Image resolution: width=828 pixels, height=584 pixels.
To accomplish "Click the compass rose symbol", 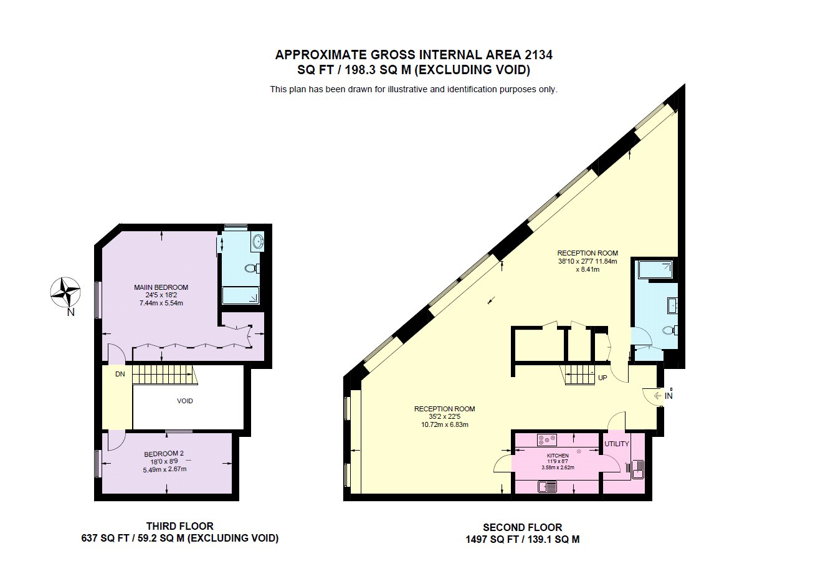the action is (x=65, y=292).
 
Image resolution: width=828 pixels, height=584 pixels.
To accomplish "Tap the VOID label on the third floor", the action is (x=185, y=401).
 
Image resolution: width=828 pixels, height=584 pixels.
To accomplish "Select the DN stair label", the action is (x=120, y=375).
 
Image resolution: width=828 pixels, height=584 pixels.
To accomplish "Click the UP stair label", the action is (x=602, y=378).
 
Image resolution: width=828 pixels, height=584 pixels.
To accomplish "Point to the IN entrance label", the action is (x=669, y=396).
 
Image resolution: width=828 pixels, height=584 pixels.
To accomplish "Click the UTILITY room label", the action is (x=617, y=444).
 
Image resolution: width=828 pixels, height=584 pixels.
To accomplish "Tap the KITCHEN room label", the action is (x=558, y=456).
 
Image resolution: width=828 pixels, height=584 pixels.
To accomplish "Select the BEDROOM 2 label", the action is (x=164, y=454).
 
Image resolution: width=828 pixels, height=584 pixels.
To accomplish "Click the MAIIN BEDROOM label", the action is (x=161, y=287).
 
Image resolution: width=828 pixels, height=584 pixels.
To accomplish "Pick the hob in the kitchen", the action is (x=547, y=440).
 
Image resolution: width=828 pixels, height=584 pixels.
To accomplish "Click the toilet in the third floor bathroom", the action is (x=252, y=268).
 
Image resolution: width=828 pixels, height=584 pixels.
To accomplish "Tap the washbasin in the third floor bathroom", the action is (x=259, y=241).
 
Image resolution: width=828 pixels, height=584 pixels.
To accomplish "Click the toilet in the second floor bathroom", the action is (x=670, y=330).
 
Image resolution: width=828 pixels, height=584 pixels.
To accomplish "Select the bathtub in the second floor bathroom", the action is (x=655, y=270).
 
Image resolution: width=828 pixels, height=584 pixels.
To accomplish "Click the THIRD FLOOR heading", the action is (x=180, y=526).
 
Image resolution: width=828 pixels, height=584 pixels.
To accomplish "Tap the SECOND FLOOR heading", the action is (x=522, y=527).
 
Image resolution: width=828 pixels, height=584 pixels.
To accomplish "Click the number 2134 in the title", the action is (x=538, y=55).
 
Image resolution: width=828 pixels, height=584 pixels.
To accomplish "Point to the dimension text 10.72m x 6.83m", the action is (x=445, y=424).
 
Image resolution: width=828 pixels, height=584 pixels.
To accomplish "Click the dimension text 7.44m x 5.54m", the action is (x=161, y=304).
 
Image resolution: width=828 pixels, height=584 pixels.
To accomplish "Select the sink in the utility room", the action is (x=637, y=470).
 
